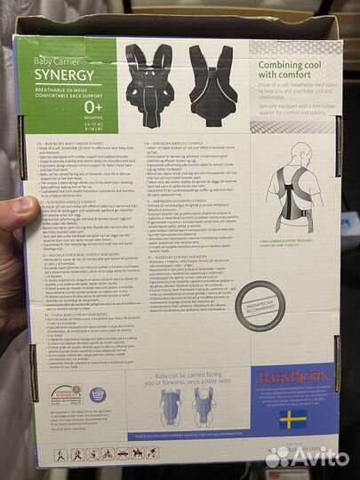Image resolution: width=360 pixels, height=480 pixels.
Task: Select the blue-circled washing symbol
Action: click(97, 394)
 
